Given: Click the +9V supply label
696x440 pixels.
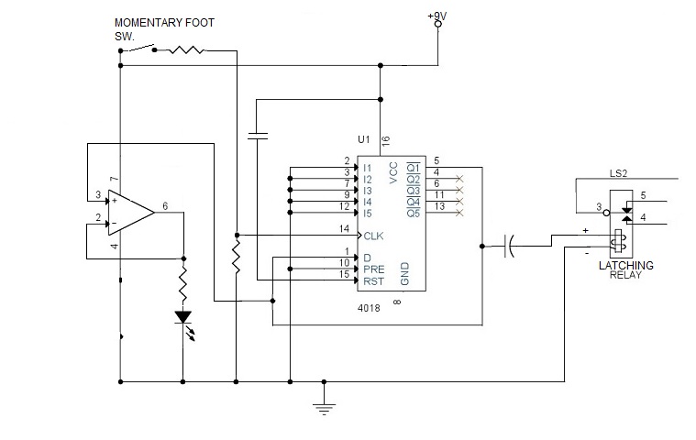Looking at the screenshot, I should pyautogui.click(x=439, y=15).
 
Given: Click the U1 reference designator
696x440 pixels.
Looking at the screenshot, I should pyautogui.click(x=363, y=140).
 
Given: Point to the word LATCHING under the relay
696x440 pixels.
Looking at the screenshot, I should pyautogui.click(x=625, y=265).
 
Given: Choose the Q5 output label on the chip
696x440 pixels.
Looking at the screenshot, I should pyautogui.click(x=414, y=214).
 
